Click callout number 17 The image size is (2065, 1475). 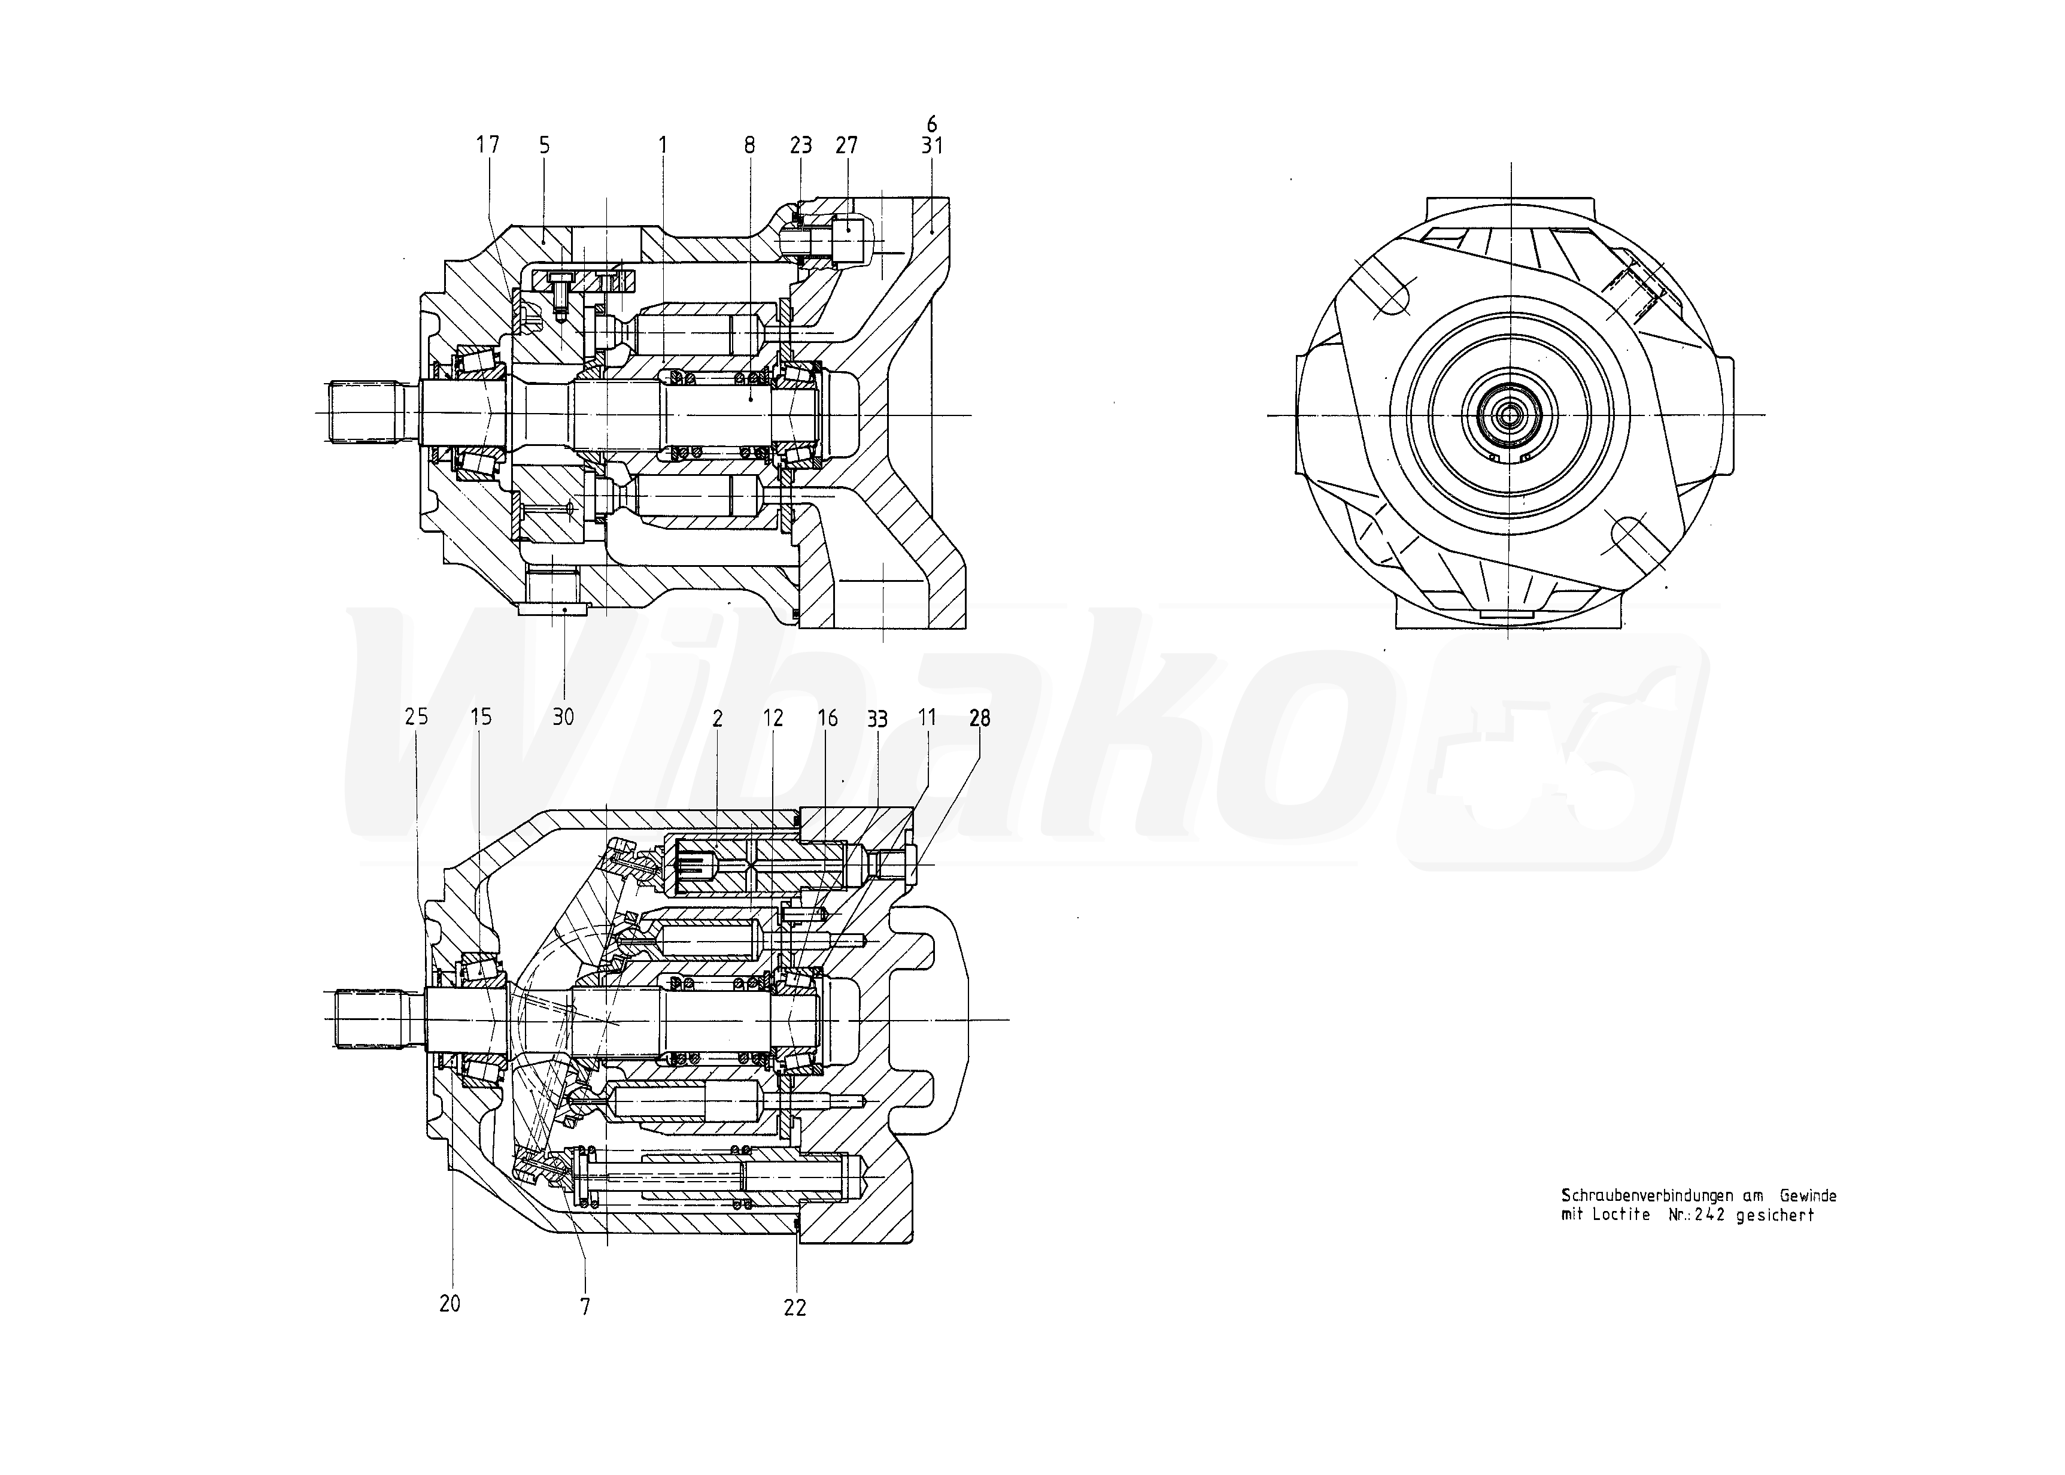pyautogui.click(x=488, y=145)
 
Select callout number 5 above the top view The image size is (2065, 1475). pyautogui.click(x=544, y=145)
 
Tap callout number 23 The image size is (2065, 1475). pyautogui.click(x=800, y=145)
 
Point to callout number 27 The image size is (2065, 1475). pyautogui.click(x=846, y=145)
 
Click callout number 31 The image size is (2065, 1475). pyautogui.click(x=932, y=145)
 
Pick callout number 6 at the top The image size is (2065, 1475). pyautogui.click(x=932, y=123)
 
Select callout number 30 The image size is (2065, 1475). pyautogui.click(x=563, y=717)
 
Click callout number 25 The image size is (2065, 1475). pyautogui.click(x=416, y=717)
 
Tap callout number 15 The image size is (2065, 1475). pyautogui.click(x=481, y=717)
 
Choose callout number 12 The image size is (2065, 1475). pyautogui.click(x=773, y=718)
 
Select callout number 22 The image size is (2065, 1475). pyautogui.click(x=795, y=1308)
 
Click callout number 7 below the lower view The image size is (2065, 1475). pyautogui.click(x=586, y=1307)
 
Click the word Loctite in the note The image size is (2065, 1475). pyautogui.click(x=1621, y=1215)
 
